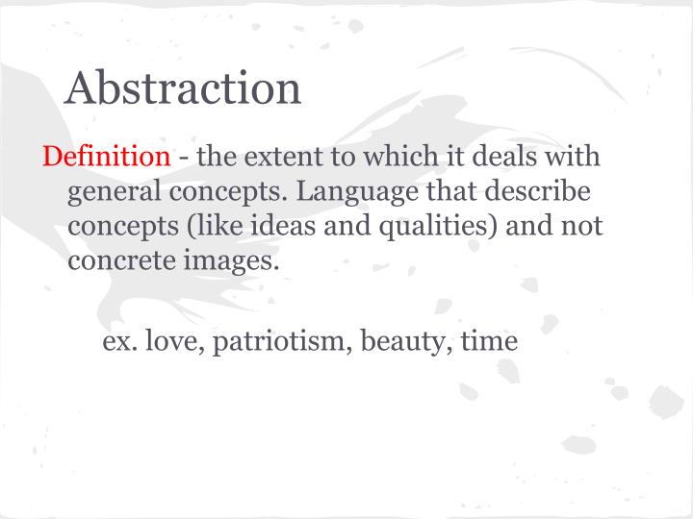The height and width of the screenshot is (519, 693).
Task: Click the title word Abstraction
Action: tap(183, 88)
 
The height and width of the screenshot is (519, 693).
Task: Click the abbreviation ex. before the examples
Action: tap(119, 340)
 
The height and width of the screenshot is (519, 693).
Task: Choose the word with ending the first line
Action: tap(577, 156)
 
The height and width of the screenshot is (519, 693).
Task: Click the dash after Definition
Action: tap(183, 157)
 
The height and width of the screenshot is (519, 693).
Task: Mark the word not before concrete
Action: tap(579, 226)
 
